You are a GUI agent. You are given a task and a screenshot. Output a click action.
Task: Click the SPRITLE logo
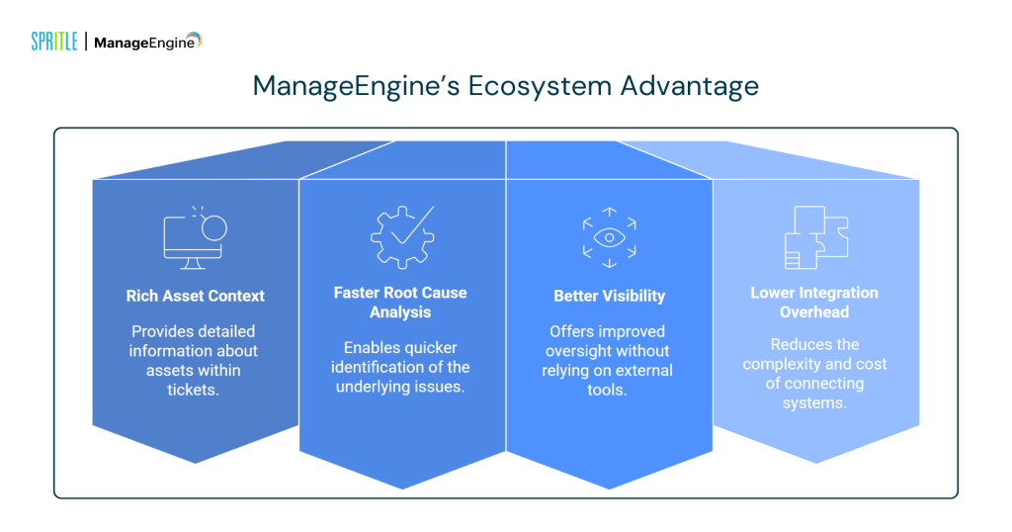click(x=54, y=42)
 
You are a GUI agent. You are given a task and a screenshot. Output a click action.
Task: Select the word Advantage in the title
click(x=690, y=86)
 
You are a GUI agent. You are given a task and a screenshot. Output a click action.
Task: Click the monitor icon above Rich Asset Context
click(x=195, y=237)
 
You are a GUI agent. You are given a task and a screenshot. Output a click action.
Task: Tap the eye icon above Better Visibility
click(x=609, y=237)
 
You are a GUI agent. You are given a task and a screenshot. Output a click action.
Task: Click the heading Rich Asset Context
click(x=196, y=296)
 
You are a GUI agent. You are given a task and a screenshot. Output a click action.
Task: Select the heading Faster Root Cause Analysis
click(x=401, y=302)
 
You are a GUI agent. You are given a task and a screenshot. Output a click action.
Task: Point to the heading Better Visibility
click(x=609, y=296)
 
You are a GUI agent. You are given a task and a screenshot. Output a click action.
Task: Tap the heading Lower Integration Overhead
click(x=814, y=302)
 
